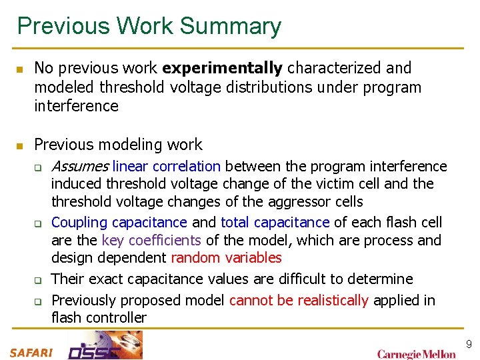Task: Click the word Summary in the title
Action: [x=231, y=27]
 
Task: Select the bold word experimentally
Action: [x=222, y=68]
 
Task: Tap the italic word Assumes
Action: [x=80, y=166]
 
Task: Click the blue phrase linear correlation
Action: [x=167, y=166]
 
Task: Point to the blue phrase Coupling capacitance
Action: [x=119, y=222]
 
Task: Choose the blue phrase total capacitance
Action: [x=275, y=222]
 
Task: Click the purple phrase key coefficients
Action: [x=151, y=240]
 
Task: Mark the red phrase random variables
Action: [x=227, y=258]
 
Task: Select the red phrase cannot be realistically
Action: [x=299, y=301]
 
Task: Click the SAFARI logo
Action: [x=31, y=352]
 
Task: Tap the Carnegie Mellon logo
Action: [x=417, y=354]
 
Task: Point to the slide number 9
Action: [x=469, y=345]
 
